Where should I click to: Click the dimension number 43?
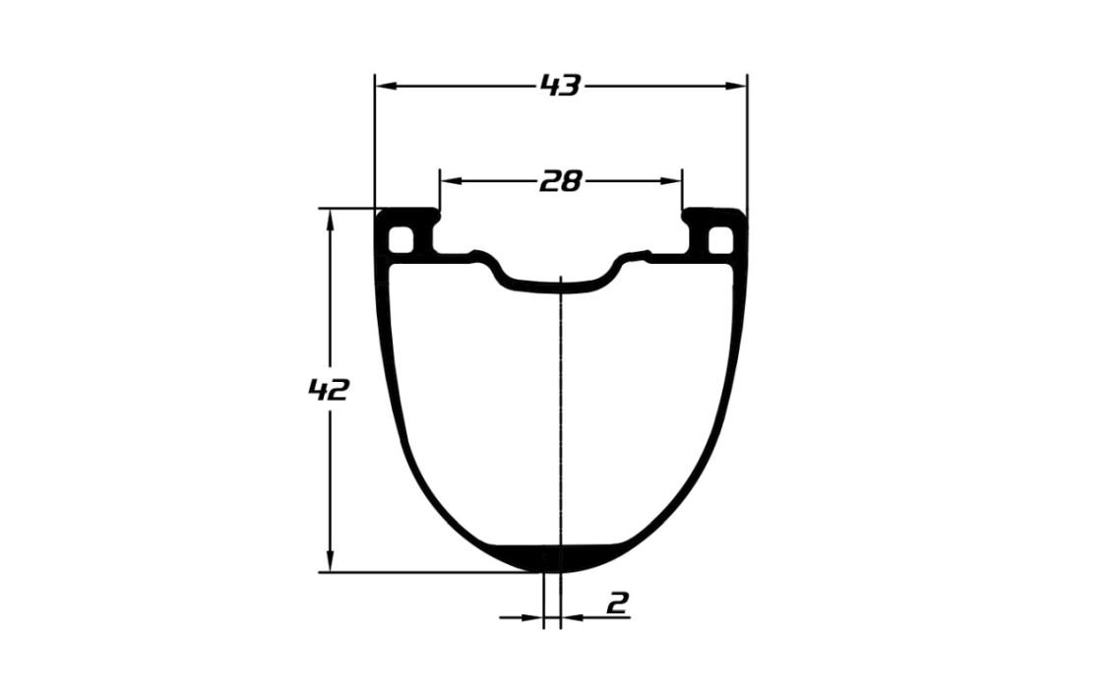coord(561,86)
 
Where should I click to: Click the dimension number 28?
coord(561,181)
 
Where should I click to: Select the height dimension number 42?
coord(328,390)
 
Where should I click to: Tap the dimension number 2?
coord(618,603)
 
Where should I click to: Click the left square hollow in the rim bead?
coord(402,238)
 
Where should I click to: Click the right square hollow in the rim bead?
coord(721,238)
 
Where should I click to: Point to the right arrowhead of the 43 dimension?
coord(737,86)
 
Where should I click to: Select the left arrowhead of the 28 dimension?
coord(450,181)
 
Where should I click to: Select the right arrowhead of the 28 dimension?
coord(672,181)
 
